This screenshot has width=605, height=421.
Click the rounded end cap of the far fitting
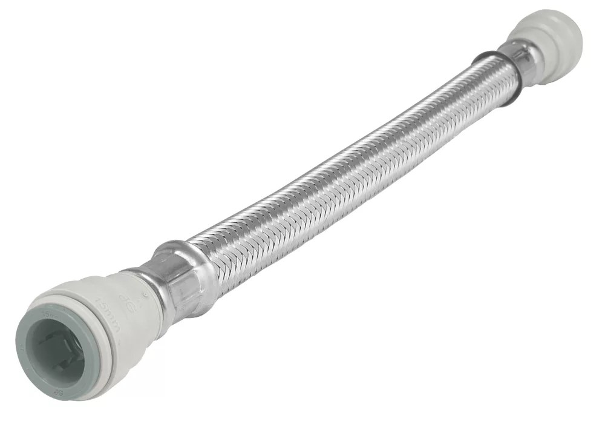point(566,30)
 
